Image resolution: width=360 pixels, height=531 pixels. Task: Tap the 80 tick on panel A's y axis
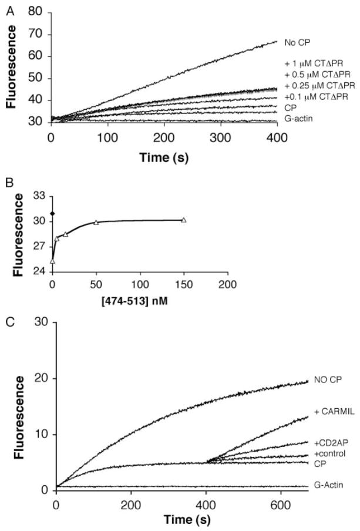(x=39, y=12)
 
